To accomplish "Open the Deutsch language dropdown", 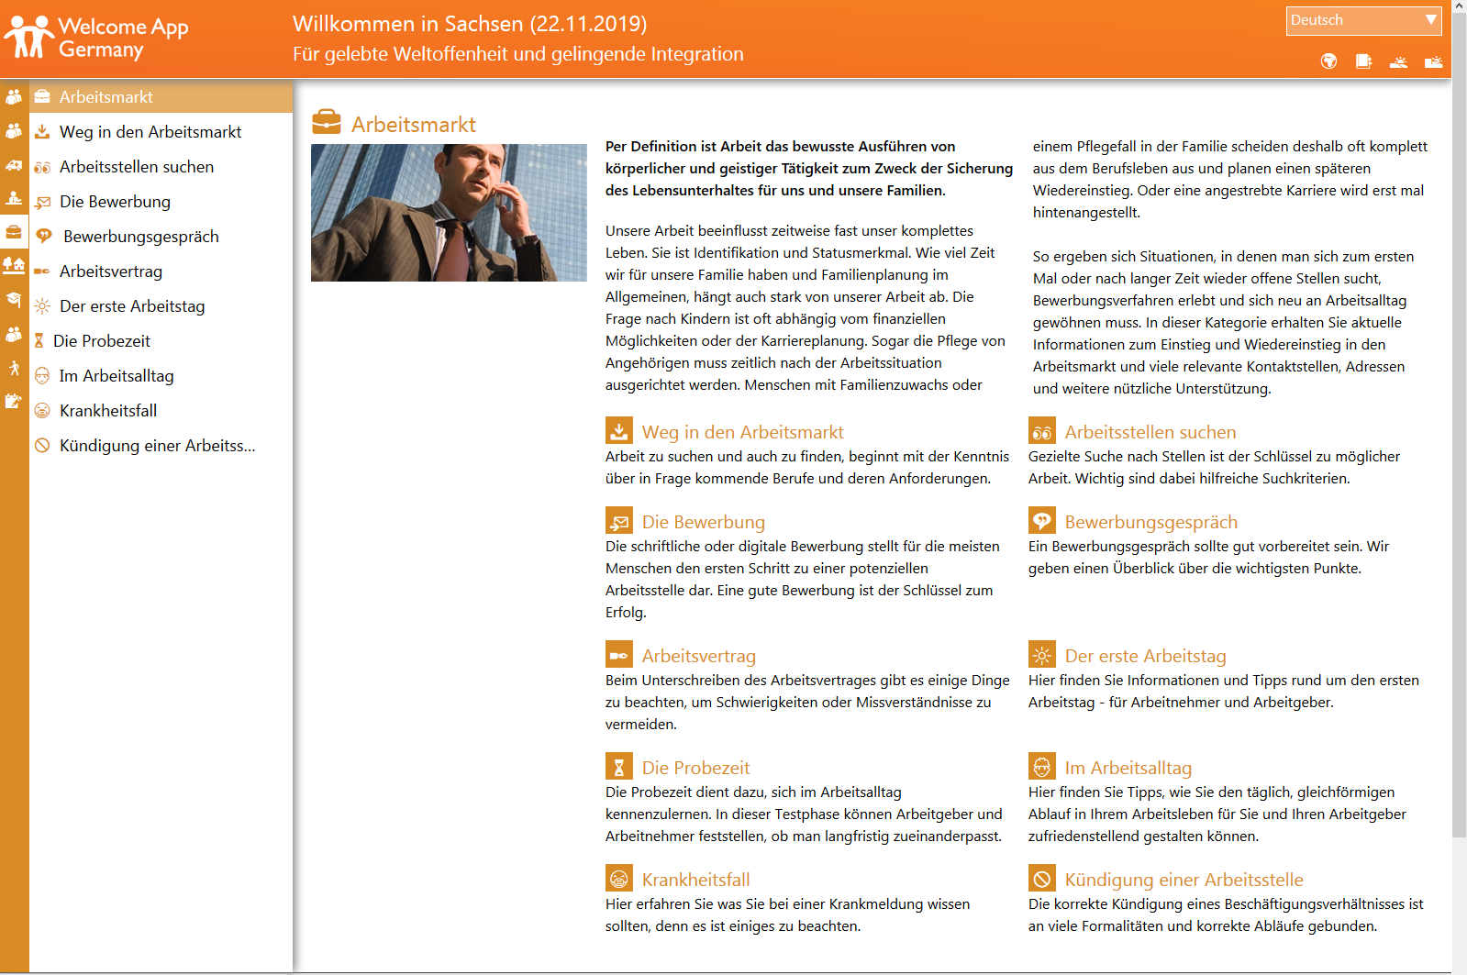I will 1363,20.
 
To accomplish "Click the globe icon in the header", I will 1328,61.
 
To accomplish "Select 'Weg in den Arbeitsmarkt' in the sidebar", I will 150,132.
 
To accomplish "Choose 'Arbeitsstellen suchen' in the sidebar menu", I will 137,167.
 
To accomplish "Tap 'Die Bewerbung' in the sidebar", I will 115,202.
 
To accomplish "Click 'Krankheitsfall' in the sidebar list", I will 108,411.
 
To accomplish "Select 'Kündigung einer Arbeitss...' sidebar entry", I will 157,446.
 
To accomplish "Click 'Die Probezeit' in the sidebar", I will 102,341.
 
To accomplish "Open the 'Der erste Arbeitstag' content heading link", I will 1145,656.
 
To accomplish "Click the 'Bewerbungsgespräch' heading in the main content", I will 1150,522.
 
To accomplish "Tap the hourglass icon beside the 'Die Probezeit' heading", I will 619,767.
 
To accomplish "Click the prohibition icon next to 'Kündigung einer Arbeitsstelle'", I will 1042,879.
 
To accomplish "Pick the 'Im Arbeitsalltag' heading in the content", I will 1128,768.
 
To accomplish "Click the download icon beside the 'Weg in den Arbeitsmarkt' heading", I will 619,431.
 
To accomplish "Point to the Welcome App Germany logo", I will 96,38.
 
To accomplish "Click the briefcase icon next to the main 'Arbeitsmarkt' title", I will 326,122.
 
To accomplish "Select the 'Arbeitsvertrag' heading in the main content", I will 698,656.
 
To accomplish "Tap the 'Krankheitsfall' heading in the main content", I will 695,880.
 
